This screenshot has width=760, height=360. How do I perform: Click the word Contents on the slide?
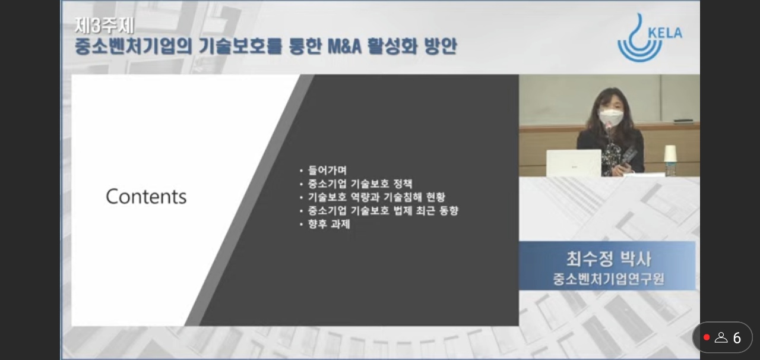(x=146, y=196)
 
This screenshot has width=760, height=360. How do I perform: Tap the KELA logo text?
(x=664, y=33)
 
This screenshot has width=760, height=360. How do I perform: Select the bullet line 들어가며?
(x=327, y=170)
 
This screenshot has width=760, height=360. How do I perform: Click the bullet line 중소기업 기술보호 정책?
(x=360, y=184)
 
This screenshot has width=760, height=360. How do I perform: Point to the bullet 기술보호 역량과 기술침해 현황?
(x=376, y=197)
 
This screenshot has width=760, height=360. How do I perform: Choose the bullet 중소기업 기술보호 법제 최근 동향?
(x=383, y=210)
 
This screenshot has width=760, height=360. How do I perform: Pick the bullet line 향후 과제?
(x=329, y=224)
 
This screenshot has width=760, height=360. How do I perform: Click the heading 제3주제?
(x=104, y=26)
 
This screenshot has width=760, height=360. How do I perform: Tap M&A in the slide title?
(x=344, y=46)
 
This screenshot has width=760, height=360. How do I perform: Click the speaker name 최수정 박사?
(x=609, y=259)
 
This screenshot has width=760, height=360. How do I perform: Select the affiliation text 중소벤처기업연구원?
(x=609, y=279)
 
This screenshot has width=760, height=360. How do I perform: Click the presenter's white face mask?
(x=611, y=117)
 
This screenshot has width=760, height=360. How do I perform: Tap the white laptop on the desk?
(x=574, y=163)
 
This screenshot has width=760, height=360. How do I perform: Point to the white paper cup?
(x=670, y=154)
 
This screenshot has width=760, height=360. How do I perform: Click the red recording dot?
(x=707, y=337)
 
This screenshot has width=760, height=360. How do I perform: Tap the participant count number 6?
(x=737, y=338)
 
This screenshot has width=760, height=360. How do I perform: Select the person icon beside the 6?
(x=721, y=337)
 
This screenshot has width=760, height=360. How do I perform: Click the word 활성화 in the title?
(x=392, y=46)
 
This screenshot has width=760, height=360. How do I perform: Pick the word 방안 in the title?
(x=441, y=46)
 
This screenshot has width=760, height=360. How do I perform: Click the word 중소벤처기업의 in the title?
(x=134, y=46)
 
